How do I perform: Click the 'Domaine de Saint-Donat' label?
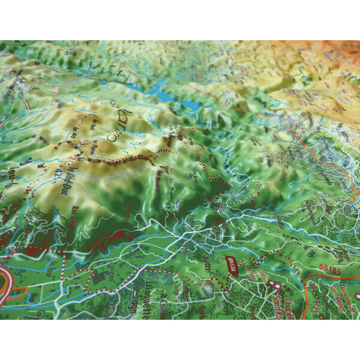click(344, 297)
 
